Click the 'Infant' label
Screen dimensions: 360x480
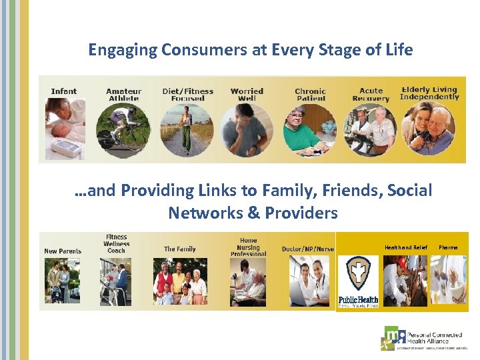tap(64, 91)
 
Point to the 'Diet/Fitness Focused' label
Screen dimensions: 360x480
tap(188, 95)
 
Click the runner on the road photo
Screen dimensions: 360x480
tap(186, 130)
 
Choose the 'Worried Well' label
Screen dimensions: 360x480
tap(247, 95)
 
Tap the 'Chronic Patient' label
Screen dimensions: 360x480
tap(311, 95)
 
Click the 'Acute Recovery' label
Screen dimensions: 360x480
tap(371, 95)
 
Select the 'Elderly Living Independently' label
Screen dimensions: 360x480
tap(429, 93)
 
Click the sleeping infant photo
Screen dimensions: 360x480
tap(65, 129)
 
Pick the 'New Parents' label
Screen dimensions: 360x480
tap(63, 251)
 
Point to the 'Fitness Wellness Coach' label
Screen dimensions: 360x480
tap(116, 244)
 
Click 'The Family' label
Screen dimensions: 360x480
tap(180, 249)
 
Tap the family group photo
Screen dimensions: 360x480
tap(180, 281)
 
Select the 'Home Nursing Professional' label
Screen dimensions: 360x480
tap(248, 247)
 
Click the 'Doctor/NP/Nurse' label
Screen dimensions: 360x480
tap(307, 249)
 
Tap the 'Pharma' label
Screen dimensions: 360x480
tap(448, 247)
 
